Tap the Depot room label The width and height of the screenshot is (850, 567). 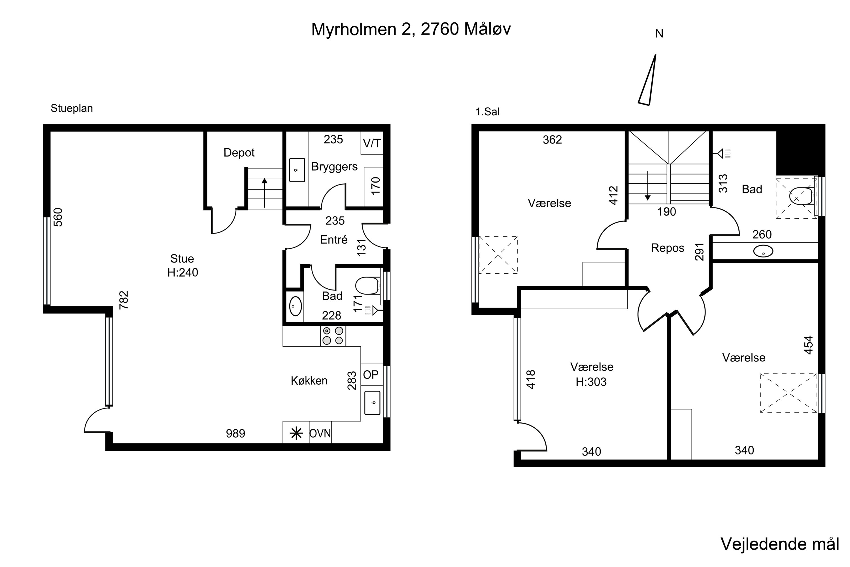point(239,153)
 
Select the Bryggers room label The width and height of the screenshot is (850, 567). point(334,167)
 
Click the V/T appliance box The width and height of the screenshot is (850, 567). point(372,143)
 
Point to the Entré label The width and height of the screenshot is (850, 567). point(333,240)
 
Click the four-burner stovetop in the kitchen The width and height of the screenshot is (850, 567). point(333,336)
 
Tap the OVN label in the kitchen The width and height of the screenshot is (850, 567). point(320,433)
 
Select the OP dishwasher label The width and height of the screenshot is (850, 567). point(371,375)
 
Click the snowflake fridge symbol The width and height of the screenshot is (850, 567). point(296,433)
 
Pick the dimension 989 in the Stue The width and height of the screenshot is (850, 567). point(236,433)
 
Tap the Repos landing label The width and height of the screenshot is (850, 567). point(668,248)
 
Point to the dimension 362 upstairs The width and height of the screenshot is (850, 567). point(552,139)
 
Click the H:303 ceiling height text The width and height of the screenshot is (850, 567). point(591,382)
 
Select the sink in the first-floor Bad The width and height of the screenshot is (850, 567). point(763,251)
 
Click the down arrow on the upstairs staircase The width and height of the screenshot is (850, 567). point(648,185)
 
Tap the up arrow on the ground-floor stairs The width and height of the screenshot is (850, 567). point(265,193)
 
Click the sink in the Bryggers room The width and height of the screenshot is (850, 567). point(297,170)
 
